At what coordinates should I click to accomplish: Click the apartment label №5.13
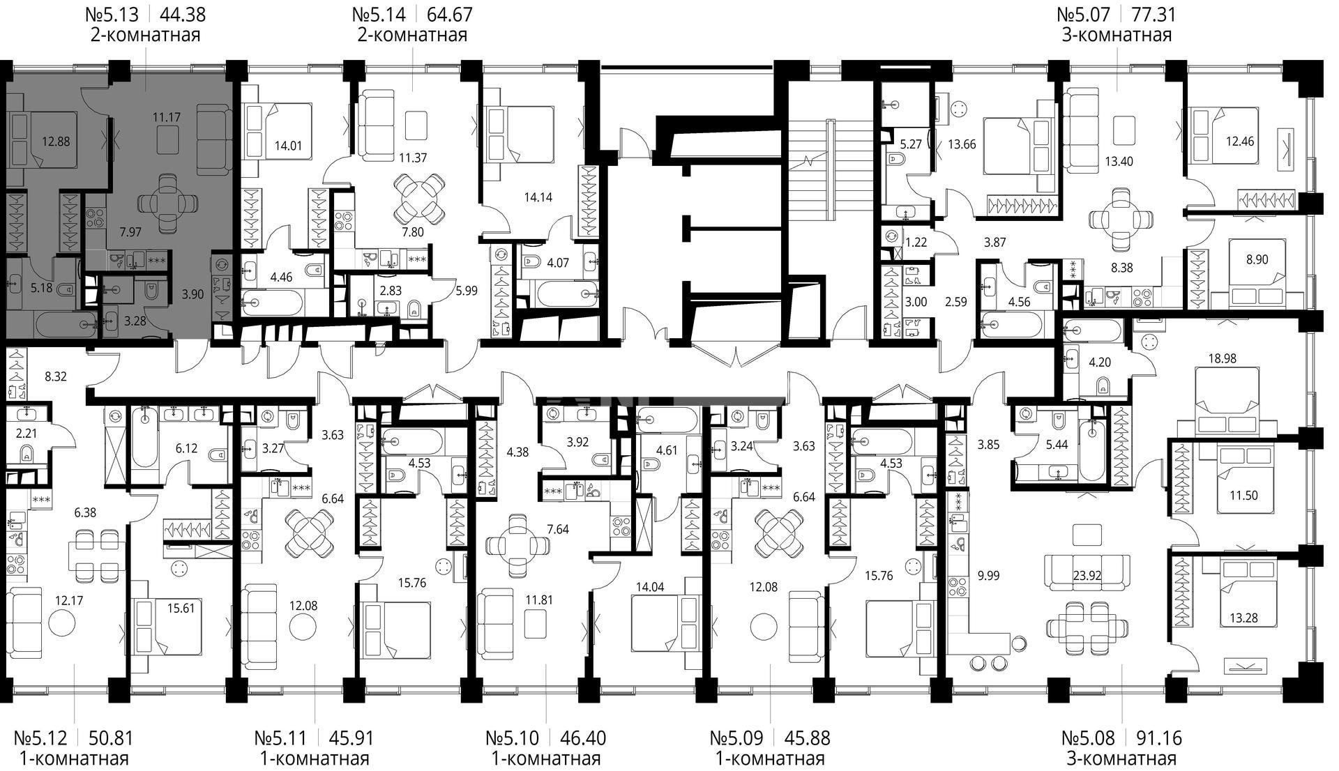(x=112, y=14)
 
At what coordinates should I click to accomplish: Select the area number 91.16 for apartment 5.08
(x=1159, y=738)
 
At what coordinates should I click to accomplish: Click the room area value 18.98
(x=1221, y=358)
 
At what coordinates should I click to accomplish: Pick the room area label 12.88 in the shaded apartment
(x=56, y=142)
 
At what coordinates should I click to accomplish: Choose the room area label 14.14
(x=538, y=197)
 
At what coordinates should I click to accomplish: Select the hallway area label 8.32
(x=55, y=377)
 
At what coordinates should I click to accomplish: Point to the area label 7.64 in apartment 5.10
(x=558, y=529)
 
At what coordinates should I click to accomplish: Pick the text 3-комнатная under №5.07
(x=1117, y=35)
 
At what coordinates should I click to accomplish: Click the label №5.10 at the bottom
(x=513, y=738)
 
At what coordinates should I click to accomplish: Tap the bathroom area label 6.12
(x=186, y=448)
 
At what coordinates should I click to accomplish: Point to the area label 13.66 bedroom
(x=962, y=145)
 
